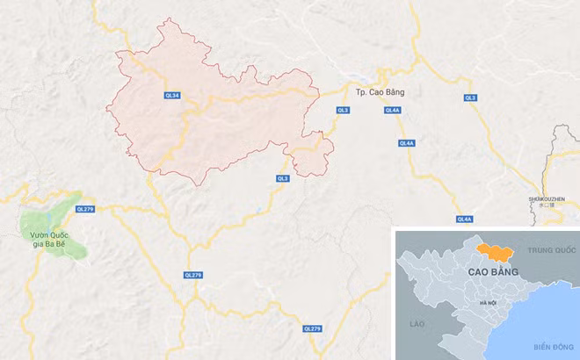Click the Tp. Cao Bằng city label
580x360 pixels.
point(378,92)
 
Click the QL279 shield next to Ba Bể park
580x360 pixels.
point(84,209)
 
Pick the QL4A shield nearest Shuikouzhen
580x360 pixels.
point(465,218)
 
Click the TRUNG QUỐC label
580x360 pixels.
point(550,250)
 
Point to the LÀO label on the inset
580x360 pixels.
point(416,325)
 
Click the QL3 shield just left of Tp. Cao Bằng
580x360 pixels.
point(343,110)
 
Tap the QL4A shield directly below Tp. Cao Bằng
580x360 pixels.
point(393,110)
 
